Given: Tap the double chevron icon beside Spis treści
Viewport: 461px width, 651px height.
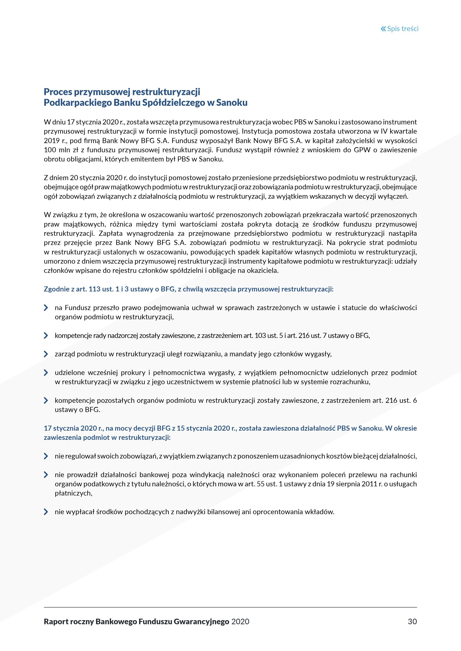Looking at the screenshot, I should (383, 29).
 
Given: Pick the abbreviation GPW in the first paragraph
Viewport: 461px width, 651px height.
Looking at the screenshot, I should (362, 150).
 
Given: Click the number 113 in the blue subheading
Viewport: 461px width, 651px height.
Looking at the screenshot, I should (95, 289).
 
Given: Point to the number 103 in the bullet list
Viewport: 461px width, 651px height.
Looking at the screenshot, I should (261, 336).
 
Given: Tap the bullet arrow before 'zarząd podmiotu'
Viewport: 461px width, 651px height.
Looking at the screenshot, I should (46, 354).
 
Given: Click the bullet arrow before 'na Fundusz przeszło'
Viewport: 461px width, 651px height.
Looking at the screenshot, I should (46, 308).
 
